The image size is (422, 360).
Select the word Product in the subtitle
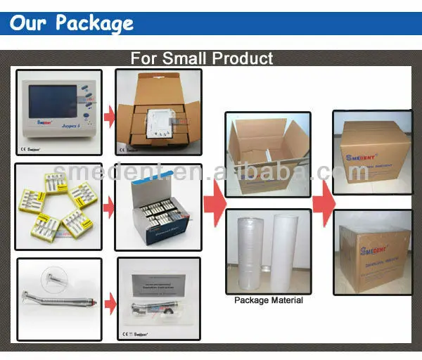[243, 58]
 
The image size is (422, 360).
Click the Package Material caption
[268, 300]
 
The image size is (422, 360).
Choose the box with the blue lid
[158, 207]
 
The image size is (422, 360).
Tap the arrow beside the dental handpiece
[109, 303]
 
